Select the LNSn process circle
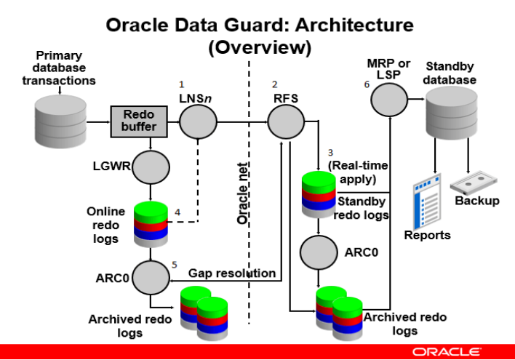(x=199, y=121)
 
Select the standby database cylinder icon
(x=450, y=113)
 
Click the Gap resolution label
(x=232, y=273)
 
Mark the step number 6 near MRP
(x=367, y=84)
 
